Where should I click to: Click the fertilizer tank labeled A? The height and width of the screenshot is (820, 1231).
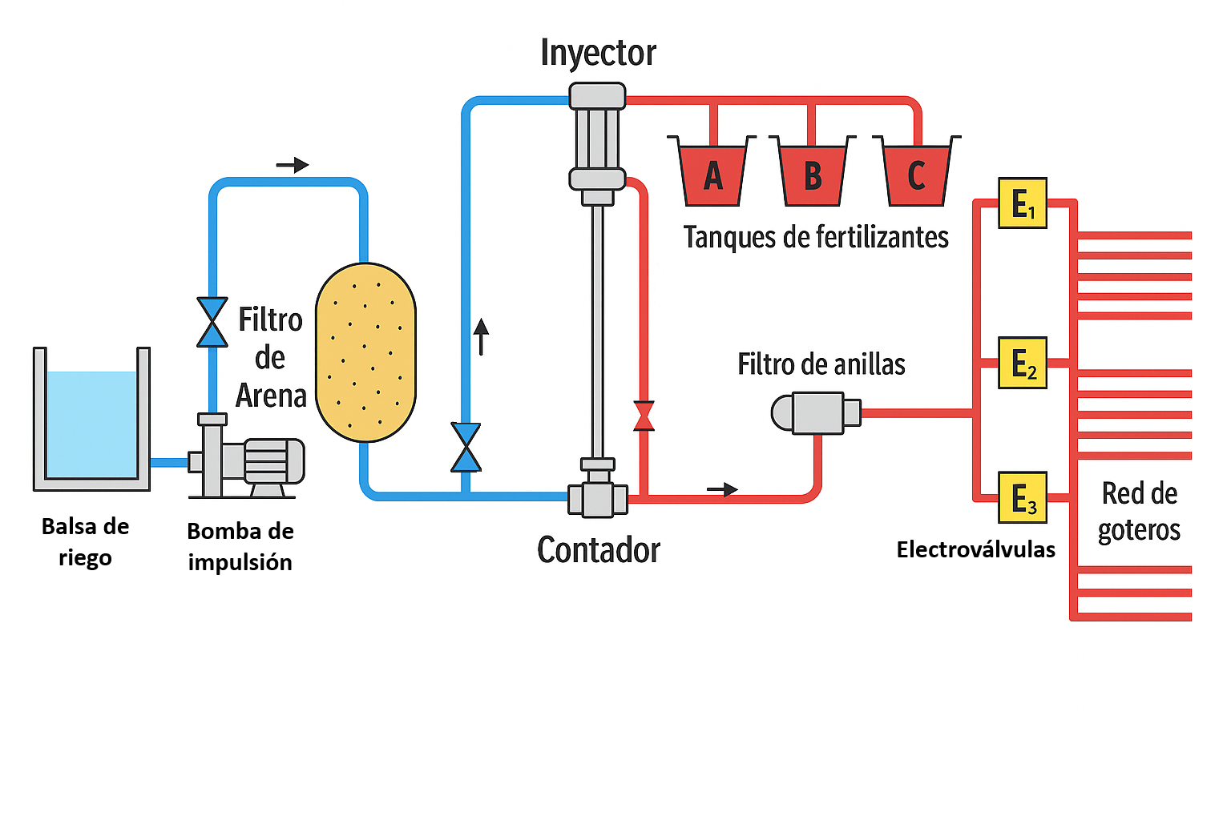pyautogui.click(x=712, y=175)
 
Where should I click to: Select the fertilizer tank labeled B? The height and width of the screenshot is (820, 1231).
pyautogui.click(x=812, y=175)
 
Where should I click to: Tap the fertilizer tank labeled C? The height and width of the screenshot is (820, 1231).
pyautogui.click(x=916, y=175)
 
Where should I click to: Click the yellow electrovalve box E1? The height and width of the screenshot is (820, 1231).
pyautogui.click(x=1023, y=203)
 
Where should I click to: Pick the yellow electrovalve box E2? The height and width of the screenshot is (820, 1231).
pyautogui.click(x=1023, y=363)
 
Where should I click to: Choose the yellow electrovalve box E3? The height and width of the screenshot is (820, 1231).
pyautogui.click(x=1023, y=497)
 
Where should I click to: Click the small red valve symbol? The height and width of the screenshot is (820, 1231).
pyautogui.click(x=644, y=416)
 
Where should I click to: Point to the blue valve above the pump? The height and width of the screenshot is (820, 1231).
pyautogui.click(x=212, y=322)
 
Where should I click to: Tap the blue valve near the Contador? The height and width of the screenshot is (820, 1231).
pyautogui.click(x=466, y=447)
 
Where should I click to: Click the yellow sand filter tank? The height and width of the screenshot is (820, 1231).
pyautogui.click(x=365, y=352)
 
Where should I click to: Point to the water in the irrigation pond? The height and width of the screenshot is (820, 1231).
pyautogui.click(x=91, y=424)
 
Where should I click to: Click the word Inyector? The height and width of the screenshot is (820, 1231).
pyautogui.click(x=598, y=53)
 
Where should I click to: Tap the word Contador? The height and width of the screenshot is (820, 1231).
pyautogui.click(x=598, y=550)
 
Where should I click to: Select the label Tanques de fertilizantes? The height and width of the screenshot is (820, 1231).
pyautogui.click(x=815, y=237)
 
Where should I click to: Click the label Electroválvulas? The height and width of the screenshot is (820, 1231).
pyautogui.click(x=975, y=549)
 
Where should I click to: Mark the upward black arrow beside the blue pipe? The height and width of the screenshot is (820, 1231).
pyautogui.click(x=481, y=336)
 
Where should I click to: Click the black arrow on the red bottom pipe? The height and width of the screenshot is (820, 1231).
pyautogui.click(x=722, y=489)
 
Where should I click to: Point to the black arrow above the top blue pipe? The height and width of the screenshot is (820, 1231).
pyautogui.click(x=293, y=165)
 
